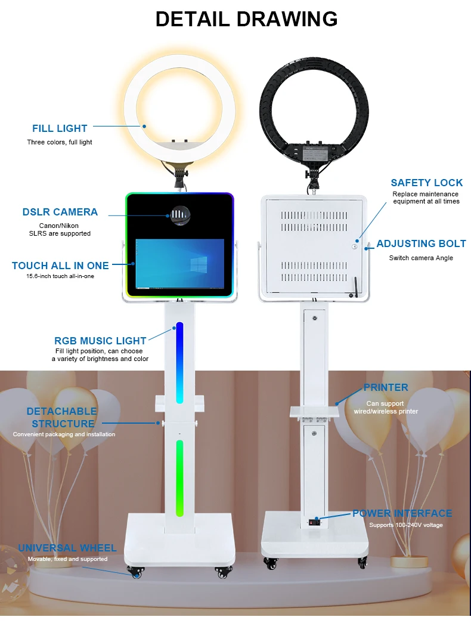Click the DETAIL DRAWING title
(246, 19)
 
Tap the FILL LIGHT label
(60, 128)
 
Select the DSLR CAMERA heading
(60, 212)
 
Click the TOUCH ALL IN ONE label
(60, 266)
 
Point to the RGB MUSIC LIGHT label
(100, 341)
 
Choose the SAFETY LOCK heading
(426, 183)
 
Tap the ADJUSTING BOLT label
(421, 243)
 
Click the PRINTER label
(386, 387)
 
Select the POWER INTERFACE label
(402, 513)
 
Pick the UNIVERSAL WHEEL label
(67, 548)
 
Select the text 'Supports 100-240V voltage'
(405, 525)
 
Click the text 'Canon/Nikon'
(60, 226)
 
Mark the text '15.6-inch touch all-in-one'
(60, 276)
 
